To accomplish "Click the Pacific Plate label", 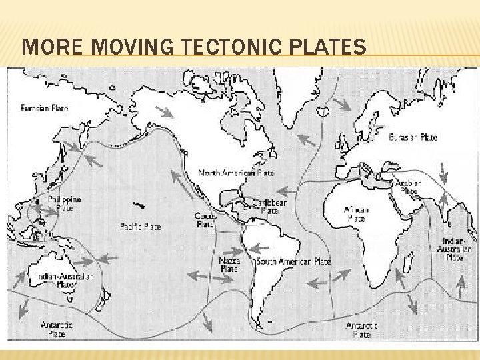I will [x=140, y=227].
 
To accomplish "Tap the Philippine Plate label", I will [x=65, y=203].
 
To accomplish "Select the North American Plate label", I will [x=236, y=173].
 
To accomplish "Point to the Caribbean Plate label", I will [x=270, y=206].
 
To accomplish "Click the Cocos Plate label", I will [x=205, y=220].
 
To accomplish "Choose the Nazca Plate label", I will [x=229, y=265].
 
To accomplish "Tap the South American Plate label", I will [x=293, y=261].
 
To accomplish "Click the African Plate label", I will [x=356, y=214].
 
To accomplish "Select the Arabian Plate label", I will [x=409, y=187].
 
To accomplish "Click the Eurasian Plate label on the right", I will [x=413, y=137].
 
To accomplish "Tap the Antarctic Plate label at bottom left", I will [x=57, y=329].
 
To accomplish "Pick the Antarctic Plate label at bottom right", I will [x=362, y=330].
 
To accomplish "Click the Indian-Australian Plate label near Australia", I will [x=65, y=280].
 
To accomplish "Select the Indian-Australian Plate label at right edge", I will [x=455, y=249].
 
